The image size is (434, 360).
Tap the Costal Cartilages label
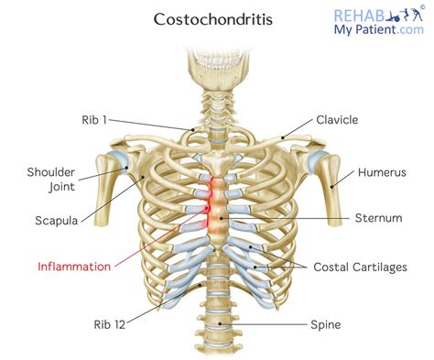(360, 267)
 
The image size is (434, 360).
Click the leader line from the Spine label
(275, 323)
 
